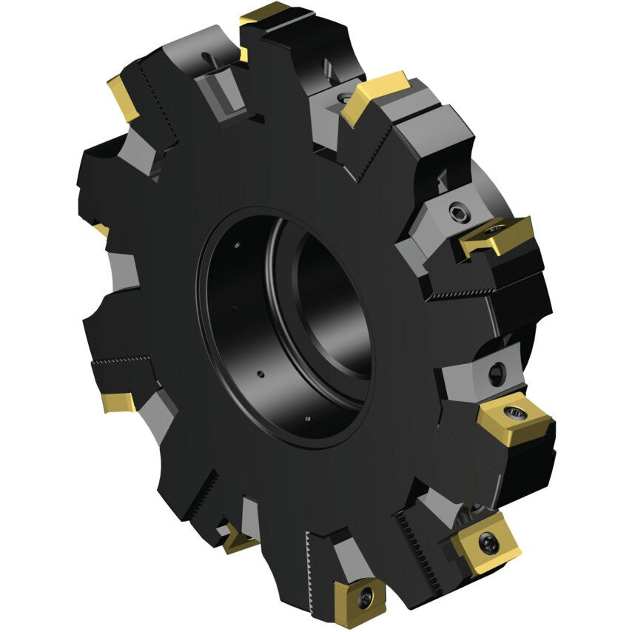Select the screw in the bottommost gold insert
coord(363,598)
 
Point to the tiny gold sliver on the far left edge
coord(101,230)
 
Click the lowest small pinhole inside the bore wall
coord(307,420)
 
